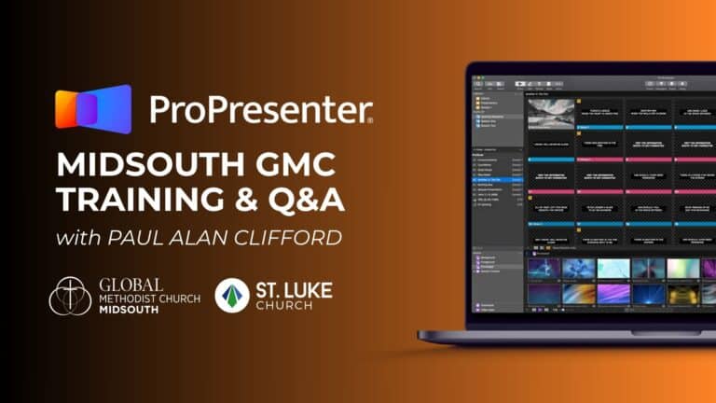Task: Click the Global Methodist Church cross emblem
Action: click(70, 296)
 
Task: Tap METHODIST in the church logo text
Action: click(117, 298)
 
